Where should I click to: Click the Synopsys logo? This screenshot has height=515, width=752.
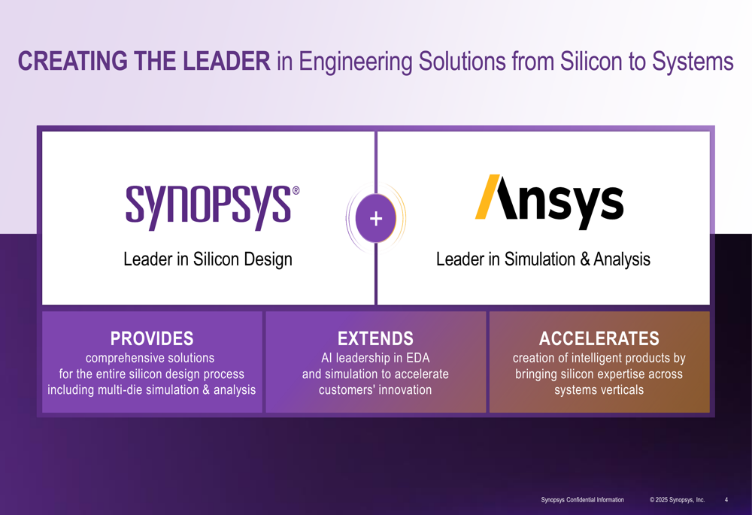pyautogui.click(x=208, y=204)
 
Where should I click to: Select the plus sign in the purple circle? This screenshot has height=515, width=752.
pyautogui.click(x=376, y=219)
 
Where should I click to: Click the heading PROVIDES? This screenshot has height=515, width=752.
pyautogui.click(x=152, y=338)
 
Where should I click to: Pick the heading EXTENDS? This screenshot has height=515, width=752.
pyautogui.click(x=375, y=338)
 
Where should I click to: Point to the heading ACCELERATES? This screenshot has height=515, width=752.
pyautogui.click(x=599, y=338)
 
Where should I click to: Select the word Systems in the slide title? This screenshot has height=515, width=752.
pyautogui.click(x=693, y=62)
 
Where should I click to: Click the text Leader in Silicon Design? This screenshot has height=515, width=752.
pyautogui.click(x=208, y=259)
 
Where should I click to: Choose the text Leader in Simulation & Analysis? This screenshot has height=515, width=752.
pyautogui.click(x=543, y=259)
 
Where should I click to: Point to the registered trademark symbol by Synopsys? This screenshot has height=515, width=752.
pyautogui.click(x=296, y=191)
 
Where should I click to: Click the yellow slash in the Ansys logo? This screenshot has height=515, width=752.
pyautogui.click(x=488, y=197)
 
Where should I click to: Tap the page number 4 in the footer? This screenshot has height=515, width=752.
pyautogui.click(x=726, y=500)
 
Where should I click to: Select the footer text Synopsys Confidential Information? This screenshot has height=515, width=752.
pyautogui.click(x=582, y=500)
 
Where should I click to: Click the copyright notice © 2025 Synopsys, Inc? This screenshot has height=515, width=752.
pyautogui.click(x=678, y=500)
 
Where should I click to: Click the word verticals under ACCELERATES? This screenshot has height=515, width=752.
pyautogui.click(x=619, y=389)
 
